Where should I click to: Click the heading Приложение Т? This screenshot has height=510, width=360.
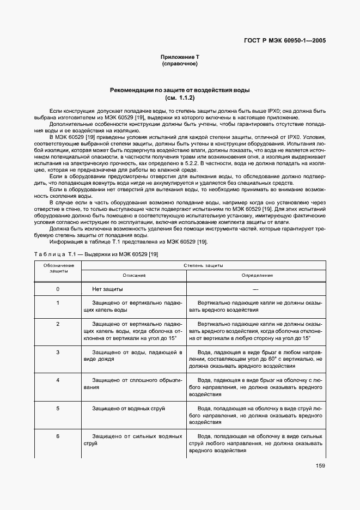[180, 57]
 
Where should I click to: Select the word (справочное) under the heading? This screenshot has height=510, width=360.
[180, 64]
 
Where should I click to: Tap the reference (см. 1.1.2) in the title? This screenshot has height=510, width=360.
[180, 98]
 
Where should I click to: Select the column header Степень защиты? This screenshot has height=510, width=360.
[204, 265]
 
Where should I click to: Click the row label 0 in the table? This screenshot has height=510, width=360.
[58, 289]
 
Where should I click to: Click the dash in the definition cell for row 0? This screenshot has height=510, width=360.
[255, 289]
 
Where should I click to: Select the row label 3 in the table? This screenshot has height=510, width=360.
[58, 352]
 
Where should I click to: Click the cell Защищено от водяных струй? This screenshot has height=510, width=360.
[129, 408]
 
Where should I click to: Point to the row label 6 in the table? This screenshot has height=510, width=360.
[58, 436]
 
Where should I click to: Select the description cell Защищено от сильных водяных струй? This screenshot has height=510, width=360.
[134, 440]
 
